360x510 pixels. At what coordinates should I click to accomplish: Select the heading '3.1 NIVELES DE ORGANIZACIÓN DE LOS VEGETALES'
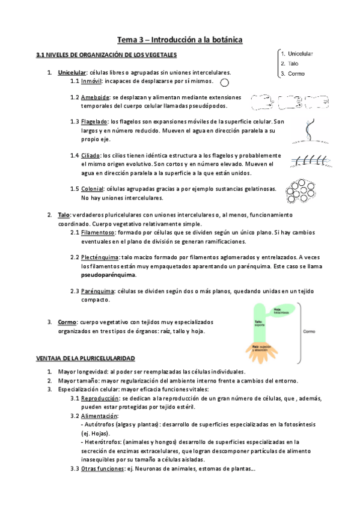pyautogui.click(x=106, y=55)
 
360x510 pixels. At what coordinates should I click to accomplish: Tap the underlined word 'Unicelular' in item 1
pyautogui.click(x=72, y=72)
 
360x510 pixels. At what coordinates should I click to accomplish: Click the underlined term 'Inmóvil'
pyautogui.click(x=91, y=81)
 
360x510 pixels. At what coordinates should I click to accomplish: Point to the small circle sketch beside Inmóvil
pyautogui.click(x=225, y=82)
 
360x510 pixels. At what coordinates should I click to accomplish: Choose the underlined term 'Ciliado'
pyautogui.click(x=92, y=155)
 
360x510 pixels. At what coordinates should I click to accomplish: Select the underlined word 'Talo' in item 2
pyautogui.click(x=64, y=215)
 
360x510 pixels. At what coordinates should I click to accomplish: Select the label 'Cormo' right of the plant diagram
pyautogui.click(x=310, y=331)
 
